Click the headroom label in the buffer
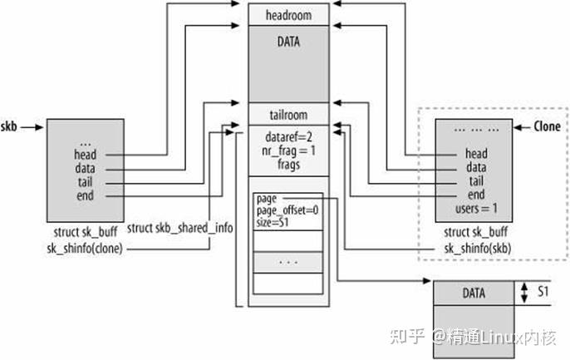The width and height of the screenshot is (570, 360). [x=288, y=14]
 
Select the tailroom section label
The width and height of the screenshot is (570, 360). [x=288, y=116]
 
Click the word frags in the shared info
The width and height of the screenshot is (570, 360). [x=288, y=165]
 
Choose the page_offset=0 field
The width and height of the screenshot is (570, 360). [x=287, y=210]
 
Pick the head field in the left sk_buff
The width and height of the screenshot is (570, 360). [x=85, y=155]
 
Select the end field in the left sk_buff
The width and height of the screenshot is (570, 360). [x=85, y=195]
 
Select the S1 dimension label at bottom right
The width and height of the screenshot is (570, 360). [x=541, y=293]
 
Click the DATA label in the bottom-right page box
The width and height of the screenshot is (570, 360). [x=475, y=293]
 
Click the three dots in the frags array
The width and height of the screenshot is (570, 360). [x=288, y=261]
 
